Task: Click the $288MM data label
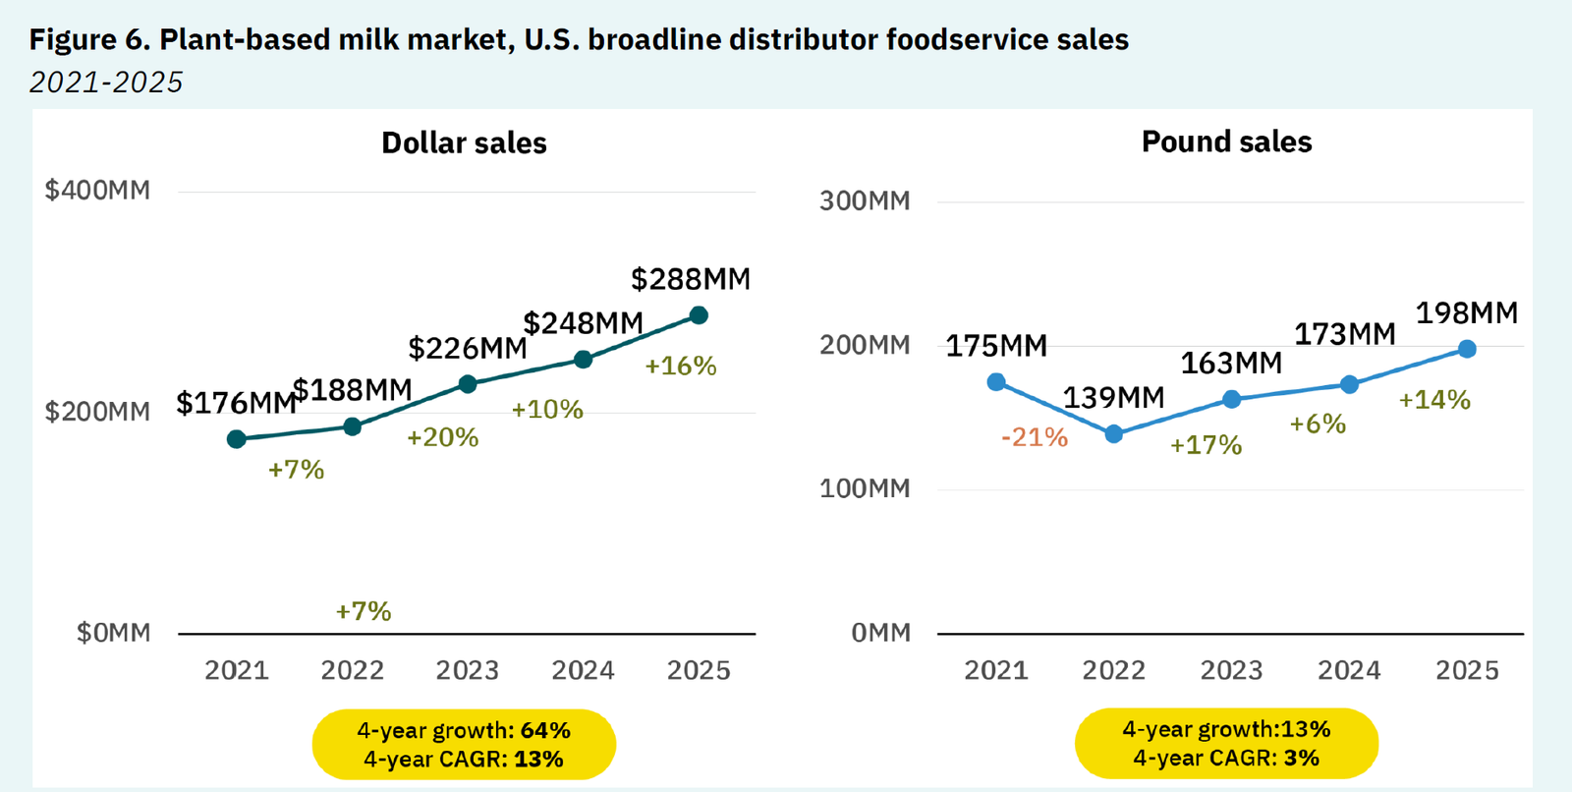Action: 690,280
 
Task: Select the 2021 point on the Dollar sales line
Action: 237,439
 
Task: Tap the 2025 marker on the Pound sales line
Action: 1467,349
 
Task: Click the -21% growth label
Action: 1035,437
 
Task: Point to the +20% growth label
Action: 443,438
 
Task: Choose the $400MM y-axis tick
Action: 97,191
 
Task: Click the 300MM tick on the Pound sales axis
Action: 865,201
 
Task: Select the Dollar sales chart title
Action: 464,143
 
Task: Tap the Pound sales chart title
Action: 1226,142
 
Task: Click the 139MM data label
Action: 1113,398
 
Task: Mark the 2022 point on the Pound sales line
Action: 1113,433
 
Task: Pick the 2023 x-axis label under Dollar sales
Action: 468,671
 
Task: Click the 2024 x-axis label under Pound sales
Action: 1349,671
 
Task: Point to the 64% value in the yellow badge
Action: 545,731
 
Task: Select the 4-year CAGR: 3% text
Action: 1226,759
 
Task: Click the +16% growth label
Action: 680,367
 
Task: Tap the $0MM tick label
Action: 114,633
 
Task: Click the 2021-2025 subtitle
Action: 106,83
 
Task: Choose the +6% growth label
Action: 1318,424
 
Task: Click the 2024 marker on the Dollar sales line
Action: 583,360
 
